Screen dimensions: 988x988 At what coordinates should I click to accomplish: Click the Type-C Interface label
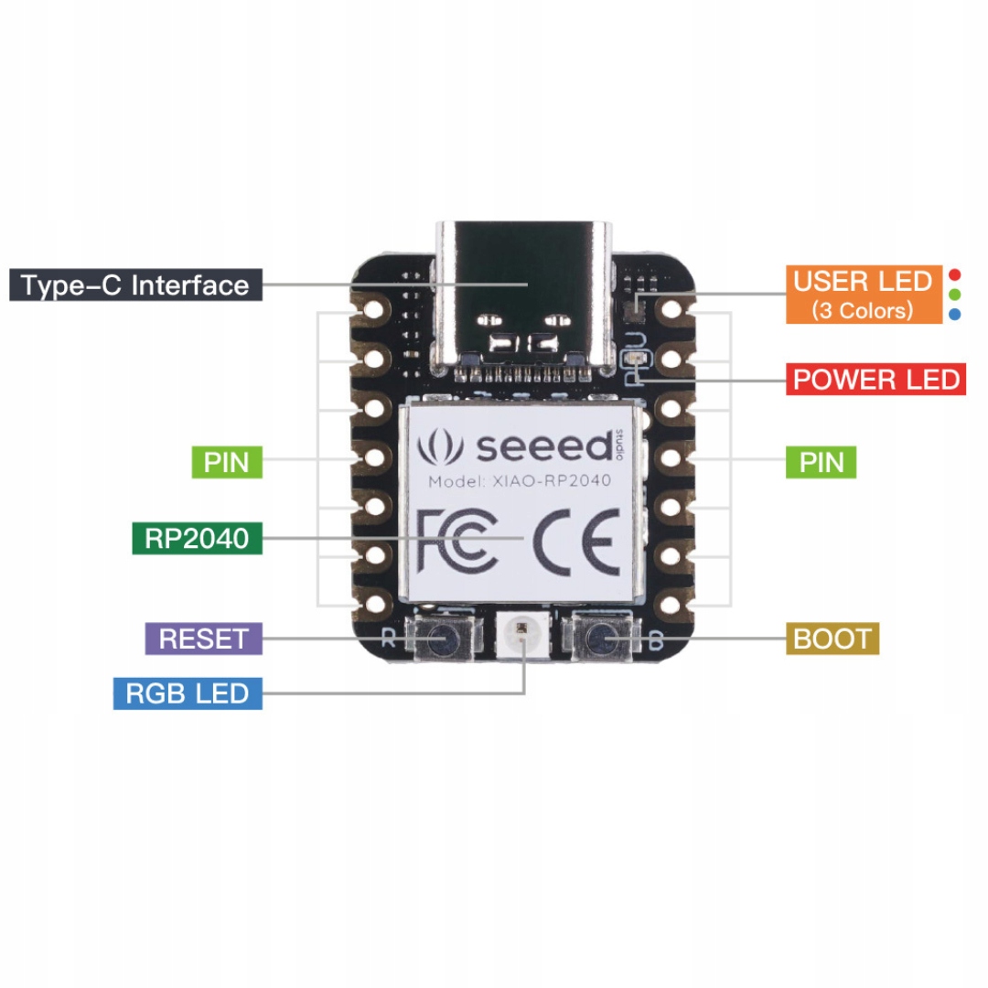tap(135, 285)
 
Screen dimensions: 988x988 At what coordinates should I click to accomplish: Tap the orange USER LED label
tap(864, 295)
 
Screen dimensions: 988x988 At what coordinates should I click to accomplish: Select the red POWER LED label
tap(876, 379)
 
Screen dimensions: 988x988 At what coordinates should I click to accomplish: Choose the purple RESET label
tap(204, 638)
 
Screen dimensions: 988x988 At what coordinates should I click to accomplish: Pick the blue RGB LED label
tap(188, 693)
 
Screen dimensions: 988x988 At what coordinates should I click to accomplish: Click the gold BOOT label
tap(832, 638)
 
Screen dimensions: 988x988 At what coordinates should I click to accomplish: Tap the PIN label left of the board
tap(227, 462)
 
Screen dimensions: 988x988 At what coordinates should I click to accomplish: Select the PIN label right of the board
tap(822, 462)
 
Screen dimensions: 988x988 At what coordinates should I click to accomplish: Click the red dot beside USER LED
tap(955, 274)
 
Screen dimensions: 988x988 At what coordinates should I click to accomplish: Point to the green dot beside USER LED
tap(955, 295)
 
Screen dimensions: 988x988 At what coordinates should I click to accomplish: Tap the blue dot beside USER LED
tap(955, 315)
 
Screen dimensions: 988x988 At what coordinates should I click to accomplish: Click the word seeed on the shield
tap(542, 446)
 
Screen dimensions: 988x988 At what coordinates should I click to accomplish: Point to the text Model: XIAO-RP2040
tap(520, 481)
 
